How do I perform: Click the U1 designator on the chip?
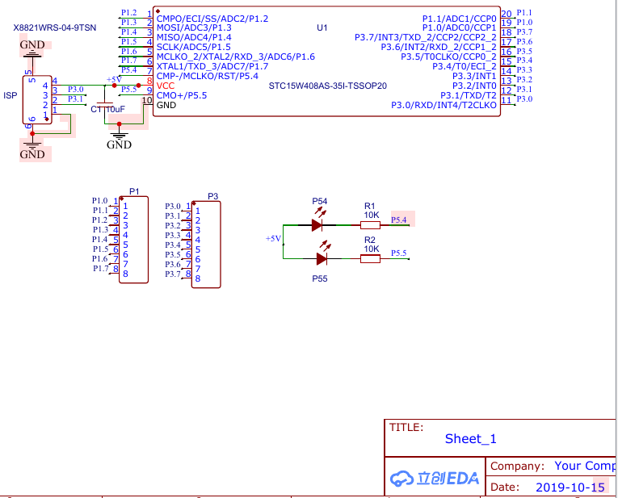[x=322, y=27]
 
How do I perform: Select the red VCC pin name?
[x=166, y=86]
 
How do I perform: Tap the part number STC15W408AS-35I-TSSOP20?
[x=327, y=86]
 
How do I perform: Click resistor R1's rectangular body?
[x=371, y=225]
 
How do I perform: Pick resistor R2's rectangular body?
[x=371, y=258]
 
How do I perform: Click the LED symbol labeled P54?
[x=317, y=225]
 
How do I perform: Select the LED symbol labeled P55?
[x=322, y=258]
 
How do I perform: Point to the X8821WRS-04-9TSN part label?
[x=55, y=28]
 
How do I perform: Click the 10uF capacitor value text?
[x=115, y=110]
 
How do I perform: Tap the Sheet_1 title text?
[x=471, y=438]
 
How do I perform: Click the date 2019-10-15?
[x=570, y=488]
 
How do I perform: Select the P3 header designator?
[x=212, y=196]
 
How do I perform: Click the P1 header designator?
[x=134, y=191]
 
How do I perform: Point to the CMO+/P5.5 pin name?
[x=182, y=96]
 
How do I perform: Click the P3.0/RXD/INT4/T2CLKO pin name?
[x=444, y=105]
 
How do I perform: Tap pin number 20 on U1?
[x=507, y=15]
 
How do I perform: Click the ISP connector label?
[x=11, y=96]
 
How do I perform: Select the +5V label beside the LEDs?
[x=273, y=239]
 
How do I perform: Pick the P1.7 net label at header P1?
[x=100, y=269]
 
